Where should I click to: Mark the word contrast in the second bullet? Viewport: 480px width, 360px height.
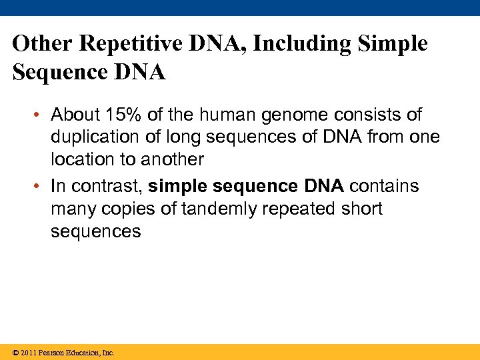click(x=107, y=186)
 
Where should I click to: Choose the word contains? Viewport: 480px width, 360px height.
click(x=384, y=186)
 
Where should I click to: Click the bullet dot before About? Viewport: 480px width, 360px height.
click(x=41, y=115)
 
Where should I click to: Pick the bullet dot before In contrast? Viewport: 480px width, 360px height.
click(x=41, y=186)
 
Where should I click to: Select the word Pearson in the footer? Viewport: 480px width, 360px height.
click(x=50, y=353)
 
